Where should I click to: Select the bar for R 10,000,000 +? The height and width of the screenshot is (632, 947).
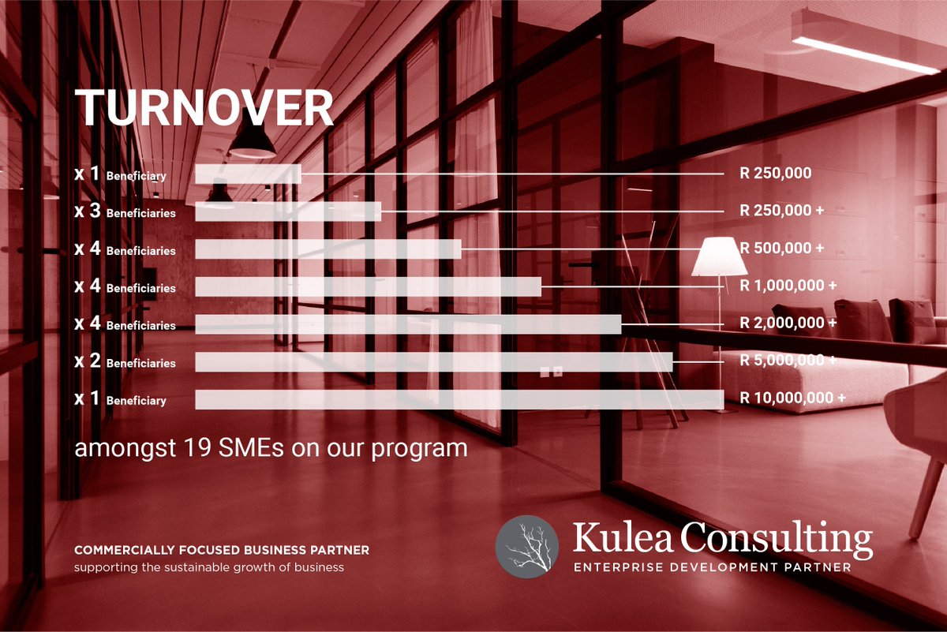pyautogui.click(x=458, y=399)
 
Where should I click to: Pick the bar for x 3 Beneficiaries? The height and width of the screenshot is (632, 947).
pyautogui.click(x=288, y=211)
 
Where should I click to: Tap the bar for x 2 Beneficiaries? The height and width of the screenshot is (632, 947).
pyautogui.click(x=433, y=361)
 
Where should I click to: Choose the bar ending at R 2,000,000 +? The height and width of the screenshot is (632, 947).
pyautogui.click(x=407, y=324)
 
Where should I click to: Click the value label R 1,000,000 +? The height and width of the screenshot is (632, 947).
pyautogui.click(x=788, y=286)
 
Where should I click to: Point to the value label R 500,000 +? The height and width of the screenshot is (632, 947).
pyautogui.click(x=781, y=248)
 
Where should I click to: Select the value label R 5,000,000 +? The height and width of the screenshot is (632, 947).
pyautogui.click(x=788, y=361)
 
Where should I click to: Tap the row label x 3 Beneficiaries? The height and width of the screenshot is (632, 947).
pyautogui.click(x=125, y=212)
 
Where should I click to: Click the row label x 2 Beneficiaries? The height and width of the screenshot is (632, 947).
pyautogui.click(x=125, y=362)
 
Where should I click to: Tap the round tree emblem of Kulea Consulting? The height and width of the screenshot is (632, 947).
pyautogui.click(x=526, y=547)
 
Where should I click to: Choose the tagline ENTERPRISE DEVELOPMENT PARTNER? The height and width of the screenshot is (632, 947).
pyautogui.click(x=712, y=567)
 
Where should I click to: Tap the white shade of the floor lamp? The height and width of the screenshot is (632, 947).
pyautogui.click(x=719, y=258)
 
